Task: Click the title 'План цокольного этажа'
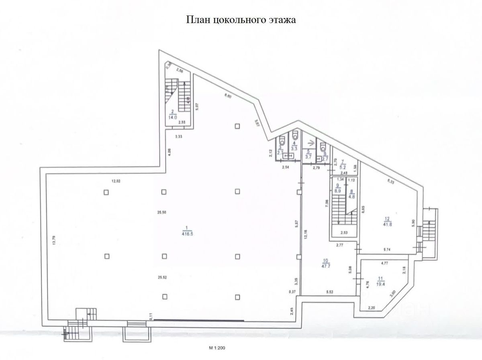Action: (241, 20)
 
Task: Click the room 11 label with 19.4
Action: (380, 280)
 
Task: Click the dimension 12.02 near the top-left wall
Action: (116, 181)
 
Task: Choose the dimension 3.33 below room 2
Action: (179, 137)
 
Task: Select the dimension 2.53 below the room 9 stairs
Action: (343, 232)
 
